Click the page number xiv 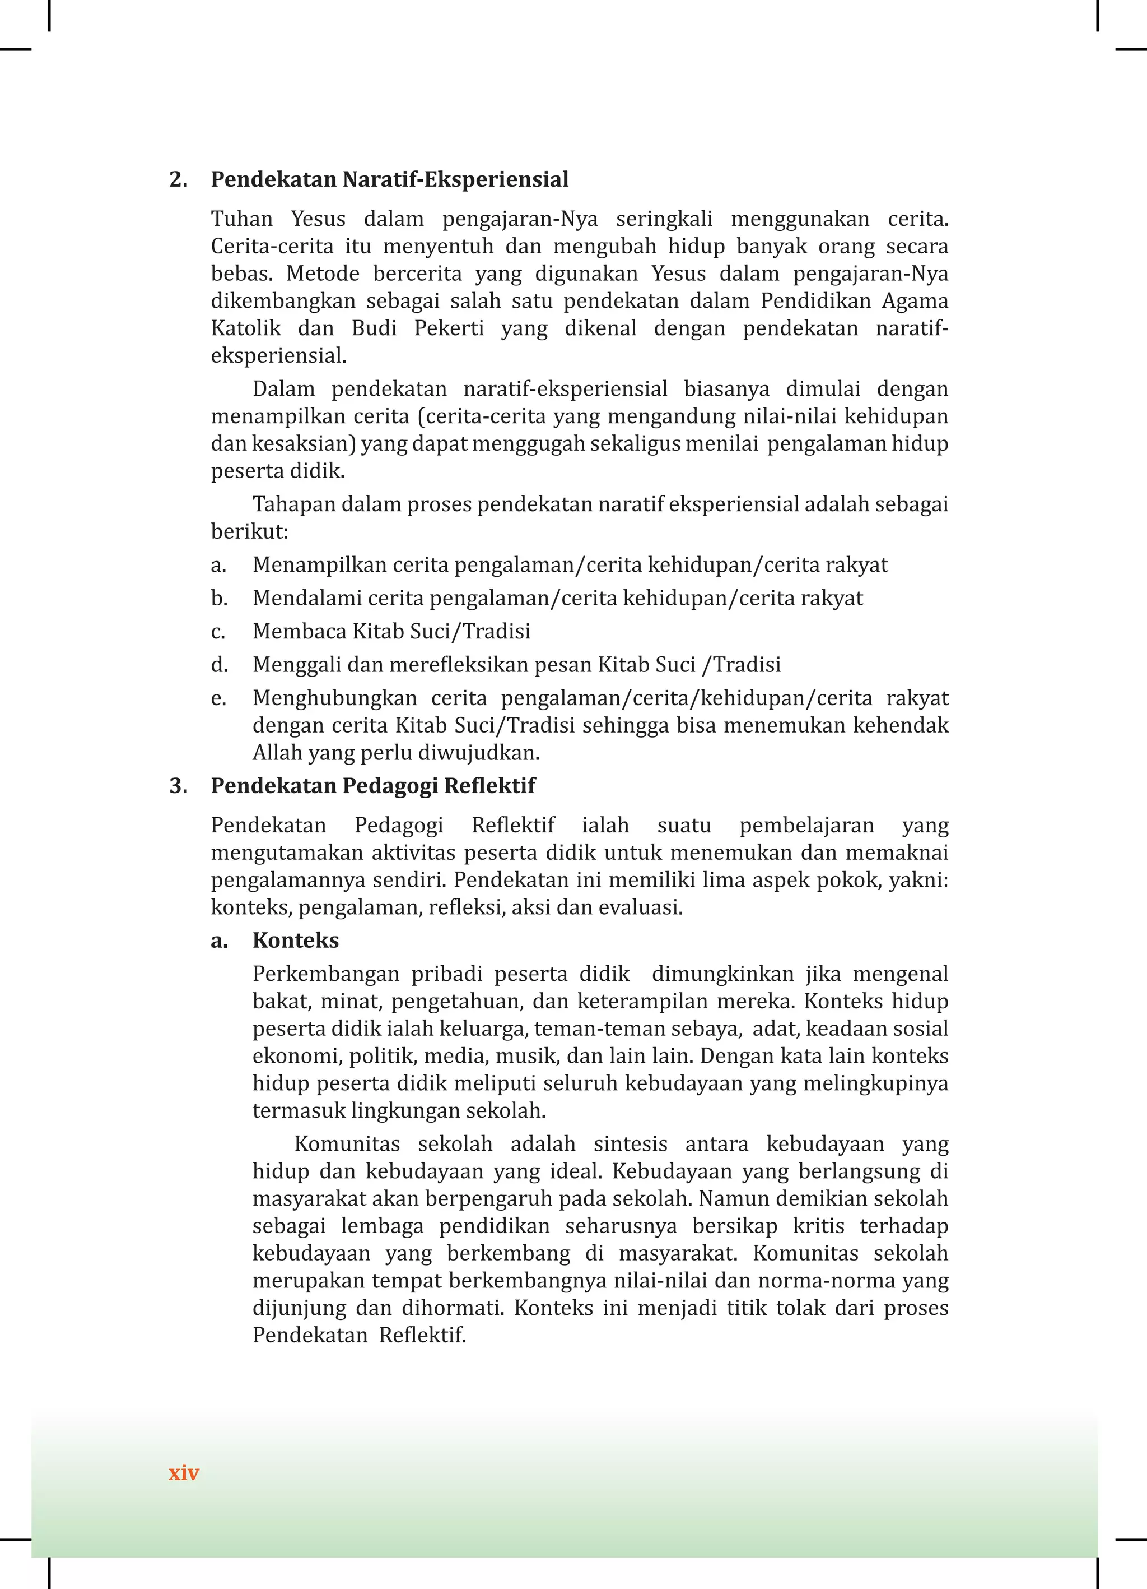(x=184, y=1473)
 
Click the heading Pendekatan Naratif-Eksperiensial (x=389, y=179)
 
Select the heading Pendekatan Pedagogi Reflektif (x=372, y=785)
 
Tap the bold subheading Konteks (x=296, y=941)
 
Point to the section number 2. (x=179, y=179)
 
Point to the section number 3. (x=179, y=785)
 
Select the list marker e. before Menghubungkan (x=218, y=698)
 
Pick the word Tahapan (x=293, y=504)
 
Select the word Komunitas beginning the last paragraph (x=347, y=1144)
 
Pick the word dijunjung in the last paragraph (x=299, y=1308)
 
